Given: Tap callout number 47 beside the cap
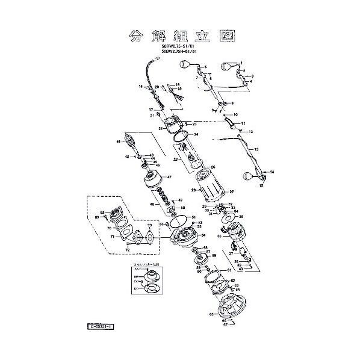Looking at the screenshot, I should (169, 177).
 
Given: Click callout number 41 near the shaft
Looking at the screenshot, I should (119, 141).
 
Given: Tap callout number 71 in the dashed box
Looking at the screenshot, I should (111, 237).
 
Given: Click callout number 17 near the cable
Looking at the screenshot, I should (152, 110).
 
